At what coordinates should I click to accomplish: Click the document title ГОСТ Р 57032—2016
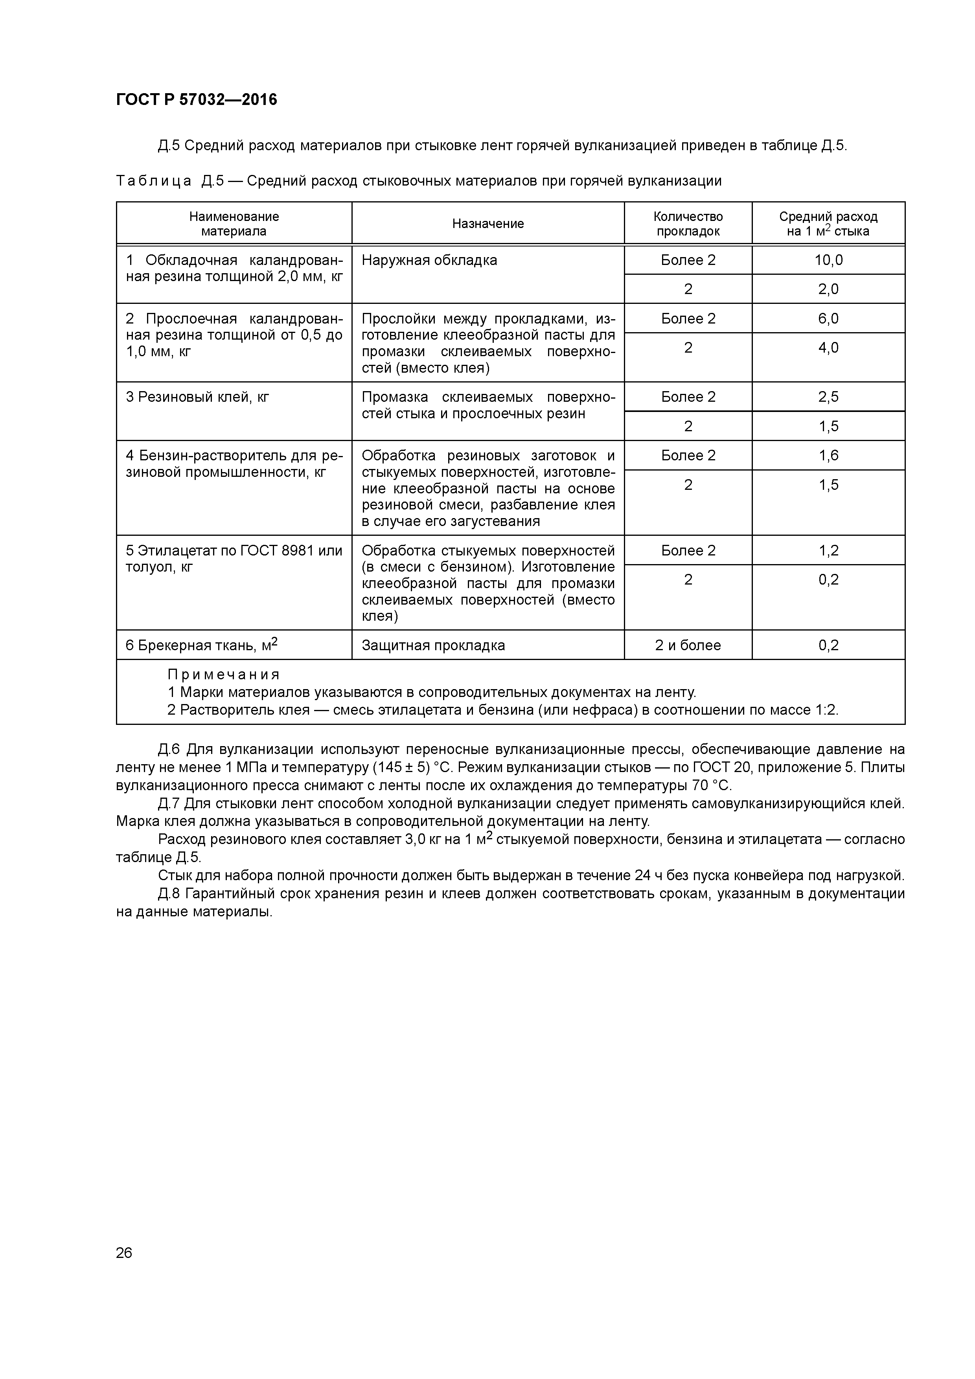(197, 100)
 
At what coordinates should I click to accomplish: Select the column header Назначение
(488, 223)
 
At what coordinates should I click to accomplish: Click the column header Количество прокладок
(688, 223)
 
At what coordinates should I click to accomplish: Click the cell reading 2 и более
(688, 645)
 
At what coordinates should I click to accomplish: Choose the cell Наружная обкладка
(430, 260)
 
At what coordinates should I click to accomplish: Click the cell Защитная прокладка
(433, 645)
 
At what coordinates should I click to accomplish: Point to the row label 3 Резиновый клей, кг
(198, 396)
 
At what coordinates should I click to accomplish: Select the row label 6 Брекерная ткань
(201, 645)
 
